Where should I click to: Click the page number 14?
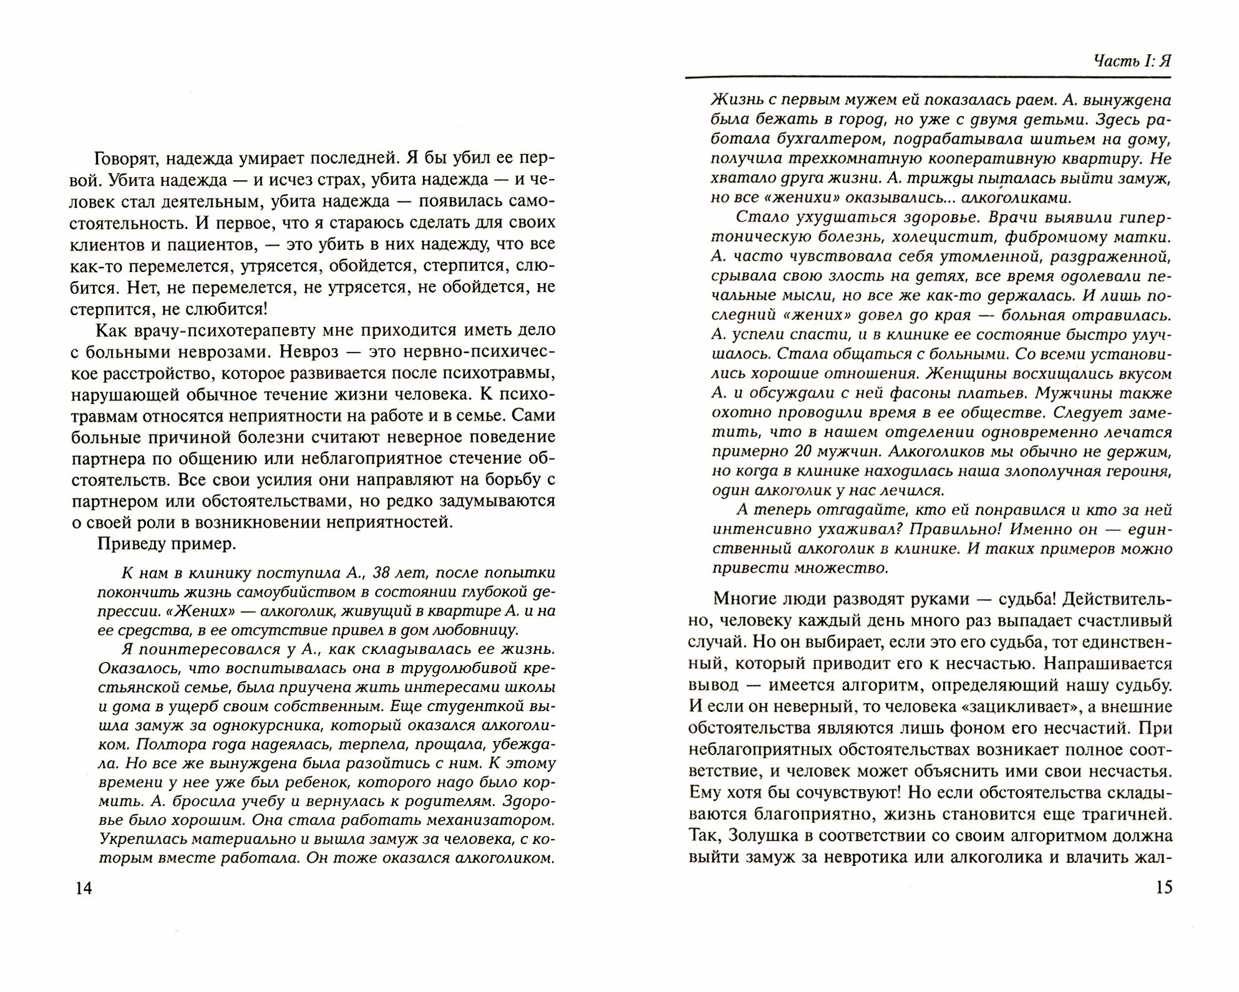(x=83, y=888)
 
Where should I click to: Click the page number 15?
(x=1164, y=887)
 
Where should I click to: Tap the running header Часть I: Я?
(x=1132, y=61)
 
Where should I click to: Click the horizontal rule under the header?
(x=928, y=77)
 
